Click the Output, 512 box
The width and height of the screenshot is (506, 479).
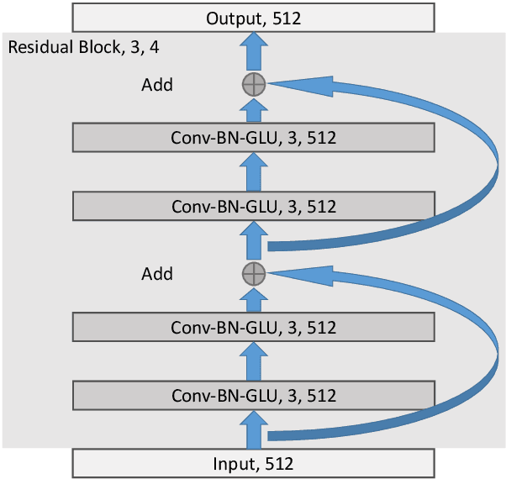(x=253, y=16)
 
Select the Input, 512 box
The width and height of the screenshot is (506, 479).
(x=253, y=463)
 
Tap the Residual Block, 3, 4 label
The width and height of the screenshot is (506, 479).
(x=83, y=46)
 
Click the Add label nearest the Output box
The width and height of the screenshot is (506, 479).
(x=157, y=85)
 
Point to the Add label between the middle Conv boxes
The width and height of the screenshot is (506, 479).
(x=157, y=274)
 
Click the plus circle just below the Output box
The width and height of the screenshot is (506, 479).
(x=253, y=84)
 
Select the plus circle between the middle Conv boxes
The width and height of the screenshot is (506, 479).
(x=253, y=273)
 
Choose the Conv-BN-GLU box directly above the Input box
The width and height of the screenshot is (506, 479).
(x=253, y=394)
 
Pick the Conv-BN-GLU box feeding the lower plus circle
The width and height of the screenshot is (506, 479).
(x=253, y=326)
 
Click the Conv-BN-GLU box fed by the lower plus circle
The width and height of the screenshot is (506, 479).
(x=253, y=205)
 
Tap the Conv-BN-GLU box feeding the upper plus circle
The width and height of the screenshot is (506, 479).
(x=253, y=137)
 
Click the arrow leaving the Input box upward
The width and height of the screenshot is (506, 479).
(x=253, y=433)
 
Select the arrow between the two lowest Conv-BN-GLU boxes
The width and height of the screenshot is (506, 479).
(x=253, y=361)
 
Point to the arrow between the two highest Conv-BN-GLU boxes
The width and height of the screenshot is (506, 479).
(x=253, y=171)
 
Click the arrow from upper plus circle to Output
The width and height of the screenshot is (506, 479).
(x=253, y=52)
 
